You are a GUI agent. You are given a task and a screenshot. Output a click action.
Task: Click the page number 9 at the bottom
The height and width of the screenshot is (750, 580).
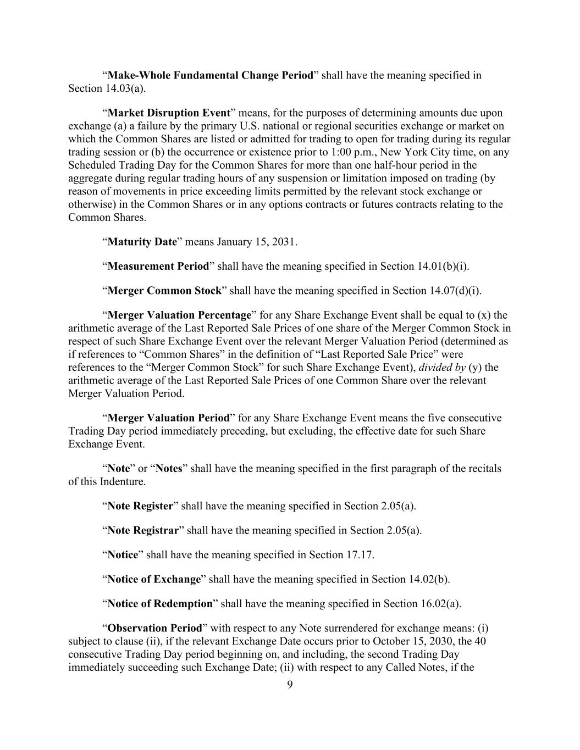[290, 685]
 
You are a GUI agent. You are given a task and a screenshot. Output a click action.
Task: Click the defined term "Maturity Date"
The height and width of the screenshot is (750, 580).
[142, 242]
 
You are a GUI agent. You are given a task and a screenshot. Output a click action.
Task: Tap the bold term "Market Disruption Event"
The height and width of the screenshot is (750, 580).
[168, 113]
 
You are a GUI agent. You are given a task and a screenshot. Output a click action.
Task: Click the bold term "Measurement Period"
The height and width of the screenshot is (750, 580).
[158, 266]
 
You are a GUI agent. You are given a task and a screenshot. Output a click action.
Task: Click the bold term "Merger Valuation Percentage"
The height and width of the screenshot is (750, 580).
[179, 315]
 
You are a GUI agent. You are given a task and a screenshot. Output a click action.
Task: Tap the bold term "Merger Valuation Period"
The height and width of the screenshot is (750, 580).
[168, 418]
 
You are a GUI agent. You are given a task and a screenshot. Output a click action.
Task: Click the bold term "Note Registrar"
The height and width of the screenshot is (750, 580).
[143, 531]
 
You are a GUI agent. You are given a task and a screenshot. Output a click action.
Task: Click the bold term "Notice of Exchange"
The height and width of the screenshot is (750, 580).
[154, 580]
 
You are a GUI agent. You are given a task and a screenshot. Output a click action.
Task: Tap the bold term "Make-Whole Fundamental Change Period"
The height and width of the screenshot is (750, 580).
[210, 75]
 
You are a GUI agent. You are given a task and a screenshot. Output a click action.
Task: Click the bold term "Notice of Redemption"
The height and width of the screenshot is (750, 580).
[159, 604]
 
